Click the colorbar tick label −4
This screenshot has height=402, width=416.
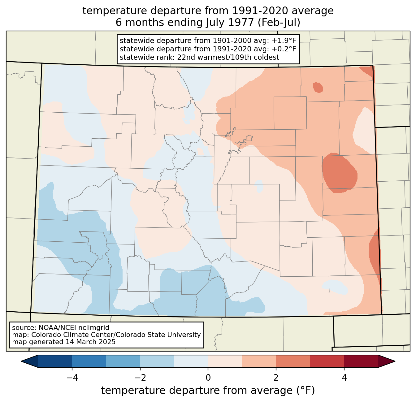click(x=72, y=378)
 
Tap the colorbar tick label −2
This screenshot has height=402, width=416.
click(x=140, y=378)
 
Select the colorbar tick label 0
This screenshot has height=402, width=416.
click(x=208, y=378)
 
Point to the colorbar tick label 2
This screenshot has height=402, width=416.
click(x=276, y=378)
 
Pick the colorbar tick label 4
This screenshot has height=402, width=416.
click(x=344, y=378)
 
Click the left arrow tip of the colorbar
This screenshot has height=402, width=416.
click(x=21, y=361)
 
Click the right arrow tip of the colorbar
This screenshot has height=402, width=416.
click(x=395, y=361)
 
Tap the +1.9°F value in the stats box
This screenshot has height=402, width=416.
click(x=284, y=41)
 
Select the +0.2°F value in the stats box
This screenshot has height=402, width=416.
click(x=284, y=49)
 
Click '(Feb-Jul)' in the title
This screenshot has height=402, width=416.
click(x=279, y=23)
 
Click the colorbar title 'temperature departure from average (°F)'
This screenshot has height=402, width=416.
click(x=208, y=391)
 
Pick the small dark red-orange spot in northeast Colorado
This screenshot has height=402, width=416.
click(x=318, y=87)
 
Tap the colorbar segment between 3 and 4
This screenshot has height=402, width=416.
click(x=327, y=361)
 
